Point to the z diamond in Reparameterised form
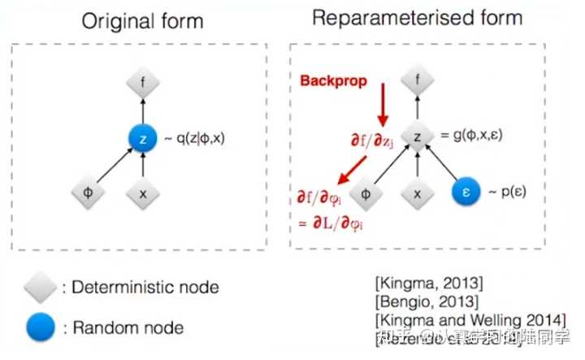click(x=418, y=135)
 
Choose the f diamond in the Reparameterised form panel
click(x=418, y=80)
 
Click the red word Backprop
click(x=333, y=81)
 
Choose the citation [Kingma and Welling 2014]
click(x=470, y=319)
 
